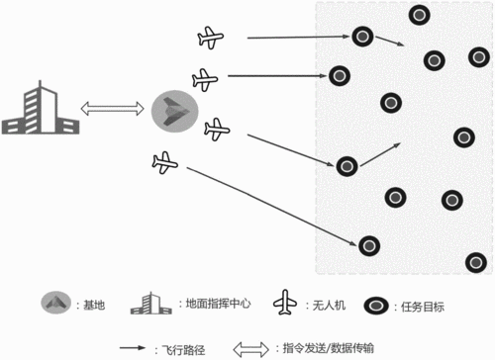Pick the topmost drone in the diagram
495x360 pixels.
pos(212,40)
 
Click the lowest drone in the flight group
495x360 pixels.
pos(166,162)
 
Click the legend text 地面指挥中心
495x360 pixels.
pos(211,304)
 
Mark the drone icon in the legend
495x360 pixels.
pos(287,303)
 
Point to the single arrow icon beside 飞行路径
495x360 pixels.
pos(135,348)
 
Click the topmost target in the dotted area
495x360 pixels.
pos(420,15)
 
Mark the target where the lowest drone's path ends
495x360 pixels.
pos(368,244)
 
